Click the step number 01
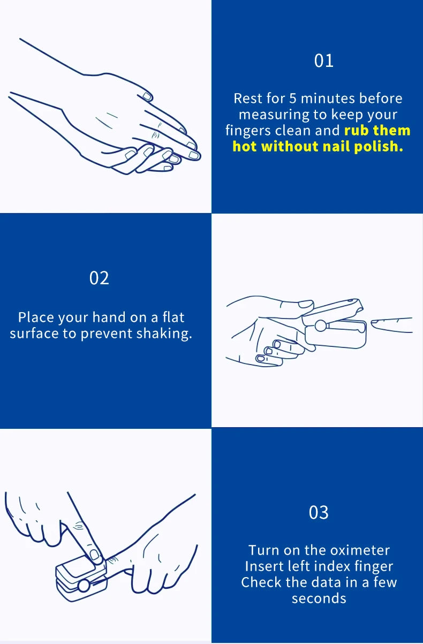point(324,60)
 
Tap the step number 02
point(99,278)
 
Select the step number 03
point(319,512)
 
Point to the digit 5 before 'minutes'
point(292,99)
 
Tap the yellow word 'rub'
point(356,130)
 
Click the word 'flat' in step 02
point(173,317)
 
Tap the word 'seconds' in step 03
point(319,598)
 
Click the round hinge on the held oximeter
point(320,325)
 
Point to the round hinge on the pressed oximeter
point(84,586)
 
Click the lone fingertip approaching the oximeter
point(391,325)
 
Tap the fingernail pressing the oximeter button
point(94,555)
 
